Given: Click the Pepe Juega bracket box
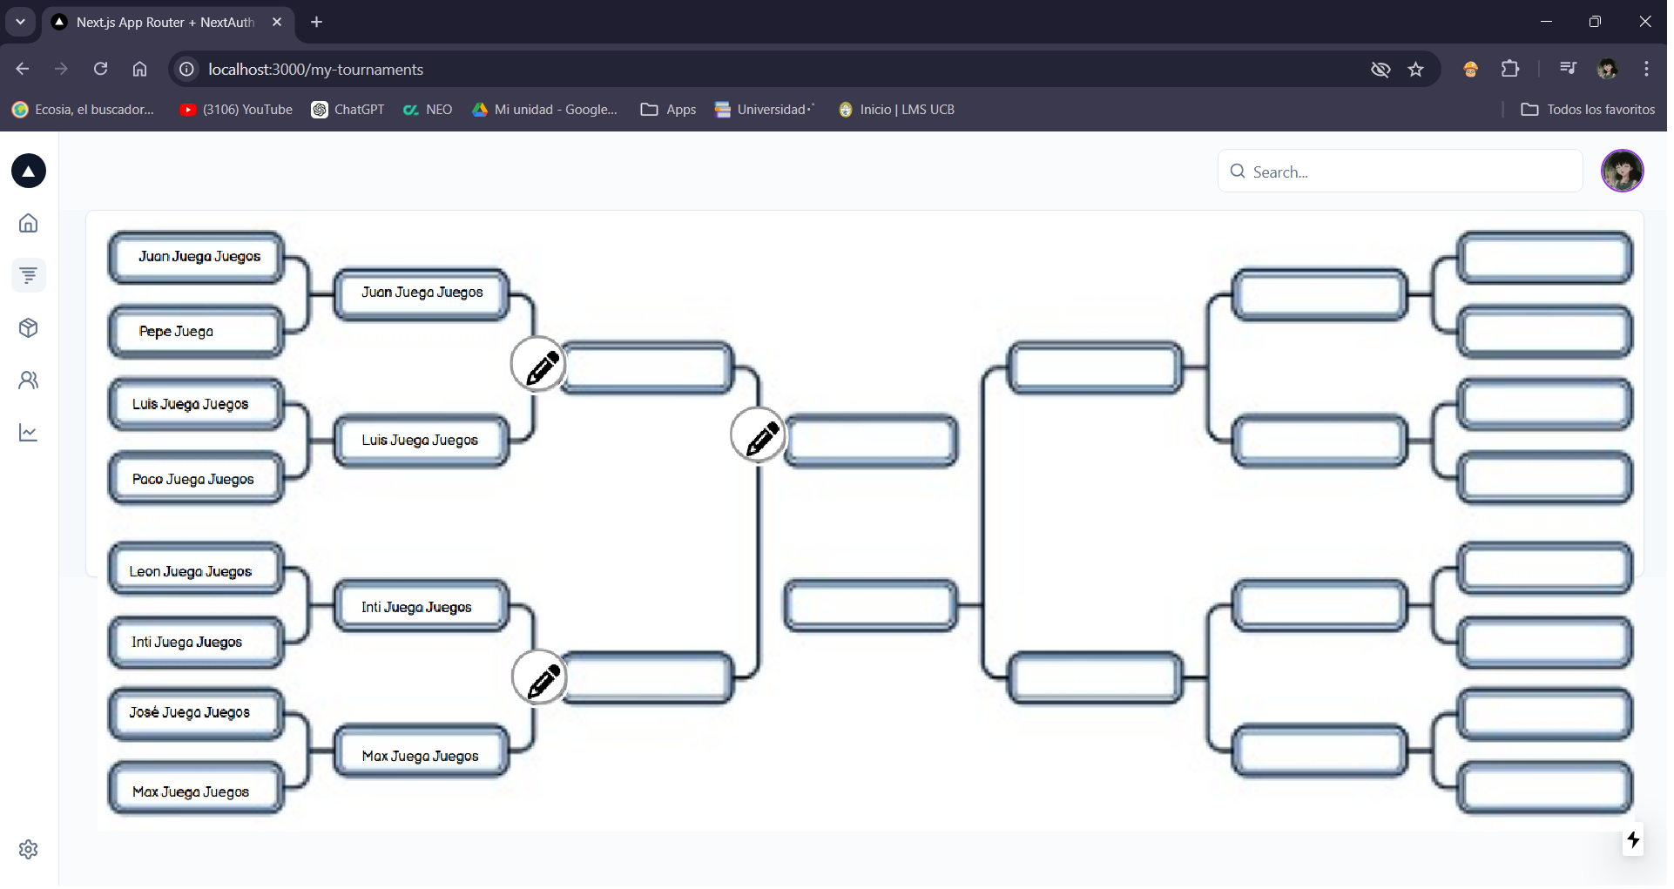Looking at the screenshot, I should pyautogui.click(x=196, y=332).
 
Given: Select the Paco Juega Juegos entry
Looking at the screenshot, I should pyautogui.click(x=196, y=479).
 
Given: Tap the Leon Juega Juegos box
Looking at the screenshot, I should pyautogui.click(x=196, y=571).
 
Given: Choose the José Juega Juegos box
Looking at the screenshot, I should pyautogui.click(x=196, y=712).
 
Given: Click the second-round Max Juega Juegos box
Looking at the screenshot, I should pyautogui.click(x=422, y=756).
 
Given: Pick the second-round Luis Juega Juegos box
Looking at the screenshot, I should pyautogui.click(x=422, y=441).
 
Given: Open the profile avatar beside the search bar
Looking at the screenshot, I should pyautogui.click(x=1622, y=171).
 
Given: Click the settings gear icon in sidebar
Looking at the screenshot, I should pyautogui.click(x=29, y=849).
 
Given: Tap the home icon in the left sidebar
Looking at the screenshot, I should pyautogui.click(x=29, y=224).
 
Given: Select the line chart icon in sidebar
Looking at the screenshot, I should pyautogui.click(x=29, y=433).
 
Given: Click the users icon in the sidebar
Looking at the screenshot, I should pyautogui.click(x=29, y=381).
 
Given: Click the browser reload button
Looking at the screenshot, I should pyautogui.click(x=101, y=69).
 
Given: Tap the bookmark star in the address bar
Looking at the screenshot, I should pyautogui.click(x=1416, y=70).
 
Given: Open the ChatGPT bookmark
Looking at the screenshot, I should pyautogui.click(x=348, y=110).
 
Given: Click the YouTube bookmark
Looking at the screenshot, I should pyautogui.click(x=237, y=110).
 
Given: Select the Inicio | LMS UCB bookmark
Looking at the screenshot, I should pyautogui.click(x=897, y=110).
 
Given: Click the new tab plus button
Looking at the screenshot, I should pyautogui.click(x=317, y=22).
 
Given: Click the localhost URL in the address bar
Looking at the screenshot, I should pyautogui.click(x=315, y=70).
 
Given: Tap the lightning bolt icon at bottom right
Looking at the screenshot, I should pyautogui.click(x=1633, y=839).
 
